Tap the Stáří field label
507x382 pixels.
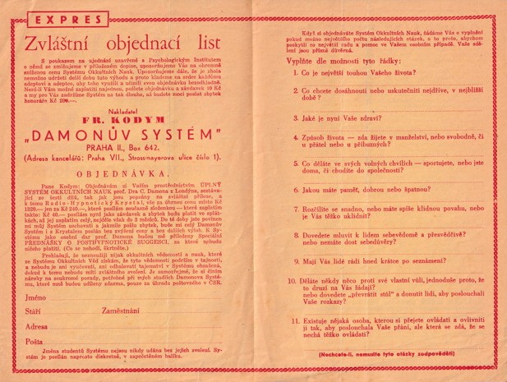pyautogui.click(x=33, y=311)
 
